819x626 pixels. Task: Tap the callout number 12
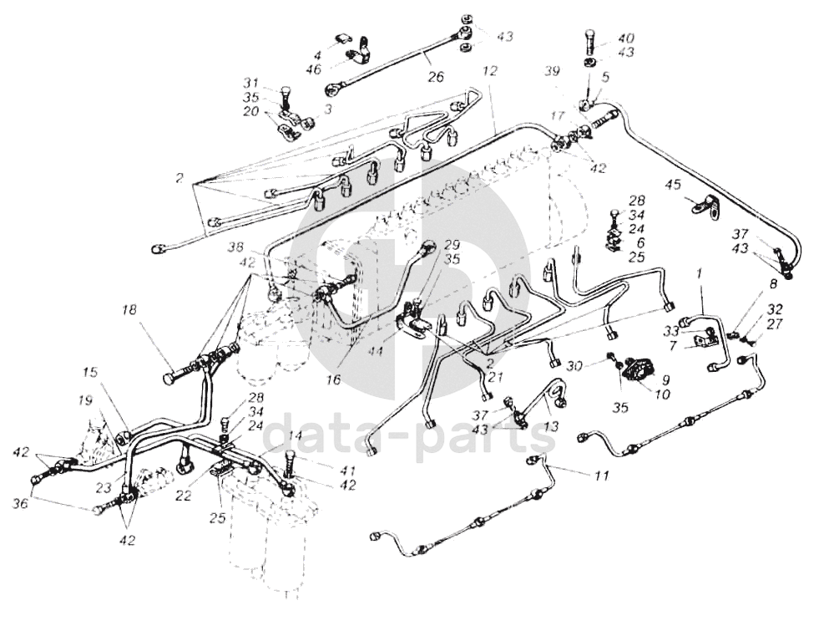point(490,73)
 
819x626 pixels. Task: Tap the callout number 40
point(625,38)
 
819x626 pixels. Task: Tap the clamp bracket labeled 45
point(705,206)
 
